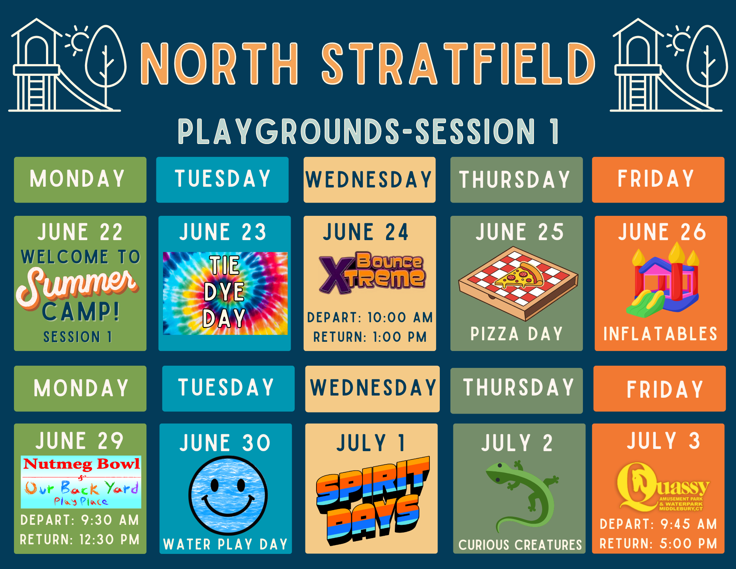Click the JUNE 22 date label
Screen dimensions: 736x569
pos(80,232)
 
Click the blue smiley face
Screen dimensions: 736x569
pos(228,495)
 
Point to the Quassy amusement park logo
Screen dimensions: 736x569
pos(663,487)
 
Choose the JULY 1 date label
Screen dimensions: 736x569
pos(371,443)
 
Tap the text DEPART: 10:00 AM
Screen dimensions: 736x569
pos(370,317)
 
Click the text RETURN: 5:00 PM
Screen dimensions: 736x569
pos(658,544)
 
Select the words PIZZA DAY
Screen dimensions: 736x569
pos(517,334)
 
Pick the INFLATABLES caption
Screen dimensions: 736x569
pos(661,334)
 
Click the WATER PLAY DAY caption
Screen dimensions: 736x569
pos(225,544)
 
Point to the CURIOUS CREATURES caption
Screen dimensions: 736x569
pos(520,545)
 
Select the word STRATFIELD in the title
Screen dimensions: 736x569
pos(458,63)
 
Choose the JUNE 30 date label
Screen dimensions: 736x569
pos(225,443)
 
